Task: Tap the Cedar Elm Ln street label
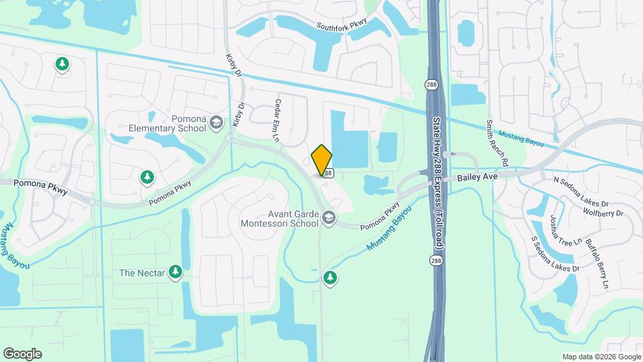(276, 120)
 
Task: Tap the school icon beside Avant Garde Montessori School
(329, 217)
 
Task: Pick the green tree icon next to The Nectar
(175, 271)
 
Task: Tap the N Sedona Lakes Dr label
(581, 192)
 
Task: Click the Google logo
(22, 354)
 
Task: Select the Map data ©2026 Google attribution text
(601, 357)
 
